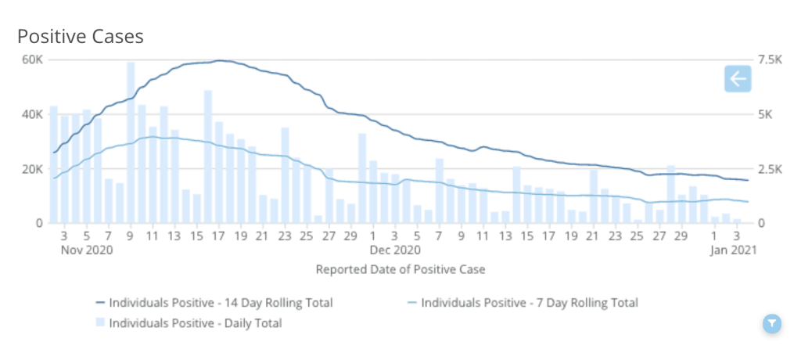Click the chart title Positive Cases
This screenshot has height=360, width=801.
pyautogui.click(x=80, y=37)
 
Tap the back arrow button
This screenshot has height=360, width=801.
pyautogui.click(x=738, y=79)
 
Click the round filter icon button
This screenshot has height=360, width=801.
pyautogui.click(x=771, y=323)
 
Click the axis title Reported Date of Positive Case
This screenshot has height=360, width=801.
pyautogui.click(x=400, y=269)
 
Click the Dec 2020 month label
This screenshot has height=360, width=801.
pyautogui.click(x=395, y=250)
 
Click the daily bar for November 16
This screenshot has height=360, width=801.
pyautogui.click(x=208, y=157)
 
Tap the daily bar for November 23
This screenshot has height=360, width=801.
pyautogui.click(x=285, y=175)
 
